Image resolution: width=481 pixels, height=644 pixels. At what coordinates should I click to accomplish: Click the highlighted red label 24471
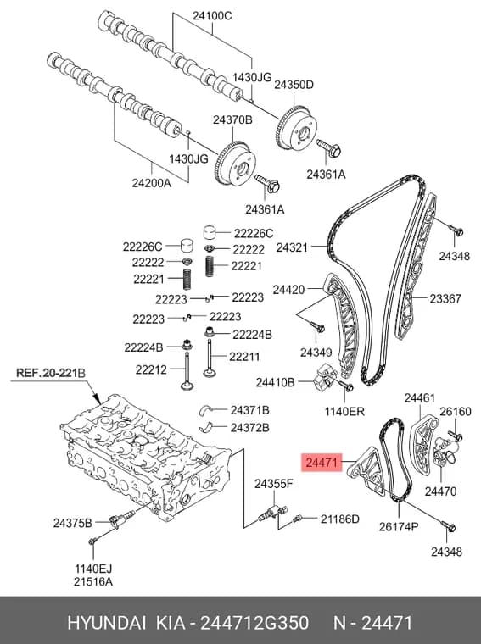(322, 463)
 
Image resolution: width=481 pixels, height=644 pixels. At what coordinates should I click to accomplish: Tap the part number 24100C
(212, 16)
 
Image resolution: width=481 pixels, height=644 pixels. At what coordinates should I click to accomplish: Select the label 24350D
(294, 85)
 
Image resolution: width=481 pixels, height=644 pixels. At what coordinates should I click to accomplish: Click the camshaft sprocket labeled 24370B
(235, 163)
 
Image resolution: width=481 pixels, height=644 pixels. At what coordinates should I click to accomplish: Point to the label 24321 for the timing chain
(292, 247)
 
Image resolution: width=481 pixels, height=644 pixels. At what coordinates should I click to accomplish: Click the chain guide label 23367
(445, 298)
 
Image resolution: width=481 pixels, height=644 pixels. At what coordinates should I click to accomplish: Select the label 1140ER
(344, 411)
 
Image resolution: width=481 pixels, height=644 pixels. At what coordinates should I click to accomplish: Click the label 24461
(419, 398)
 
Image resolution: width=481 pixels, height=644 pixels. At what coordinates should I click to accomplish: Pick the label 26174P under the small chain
(399, 526)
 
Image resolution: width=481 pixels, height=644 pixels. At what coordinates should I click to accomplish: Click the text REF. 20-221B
(51, 373)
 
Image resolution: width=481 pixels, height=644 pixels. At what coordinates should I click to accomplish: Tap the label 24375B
(73, 523)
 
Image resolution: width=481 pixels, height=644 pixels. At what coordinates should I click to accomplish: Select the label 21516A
(93, 581)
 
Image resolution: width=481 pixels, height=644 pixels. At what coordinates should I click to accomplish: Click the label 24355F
(273, 484)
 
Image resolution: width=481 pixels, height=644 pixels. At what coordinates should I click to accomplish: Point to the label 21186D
(340, 519)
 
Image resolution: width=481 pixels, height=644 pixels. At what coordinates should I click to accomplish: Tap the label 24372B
(250, 428)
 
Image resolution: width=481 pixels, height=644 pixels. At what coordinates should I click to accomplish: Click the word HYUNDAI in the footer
(107, 623)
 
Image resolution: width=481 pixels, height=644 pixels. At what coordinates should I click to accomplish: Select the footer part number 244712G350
(254, 623)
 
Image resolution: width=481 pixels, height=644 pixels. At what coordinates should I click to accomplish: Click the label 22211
(244, 357)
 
